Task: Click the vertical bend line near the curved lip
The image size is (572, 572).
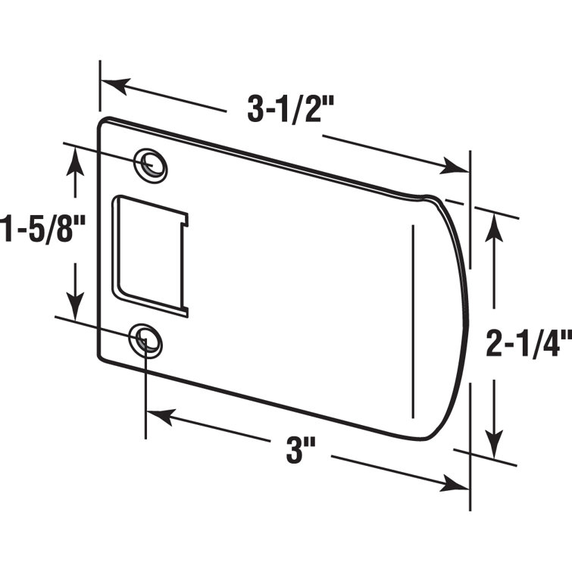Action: (x=413, y=318)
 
